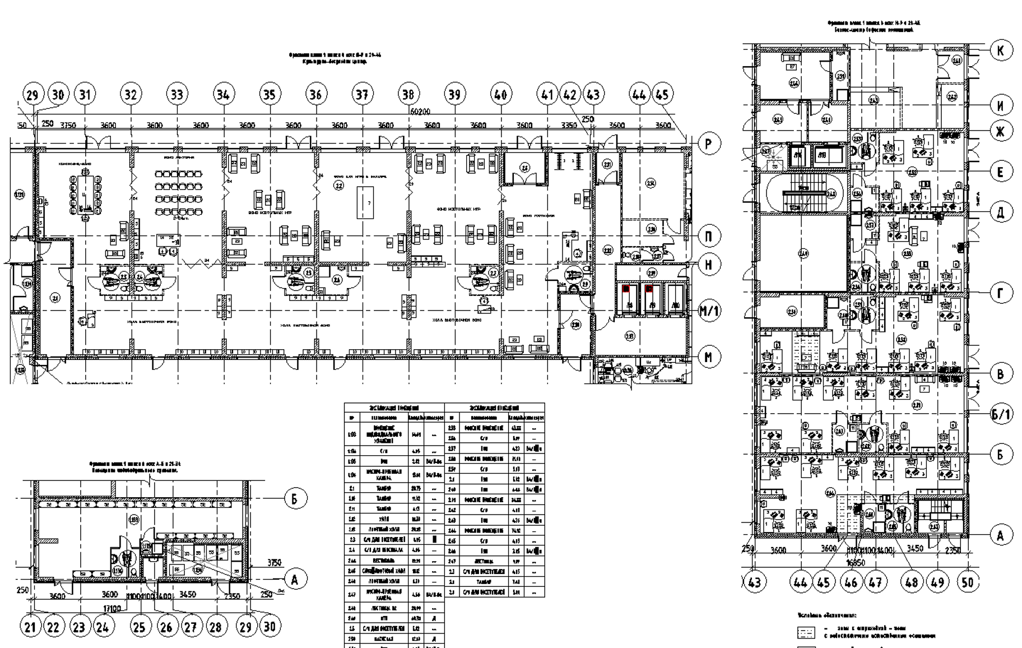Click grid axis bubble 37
[362, 94]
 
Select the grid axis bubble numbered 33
[176, 94]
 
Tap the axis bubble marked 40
[500, 94]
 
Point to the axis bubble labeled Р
[709, 144]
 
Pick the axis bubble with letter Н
[709, 265]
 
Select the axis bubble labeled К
[1001, 50]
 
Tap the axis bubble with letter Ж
[1001, 132]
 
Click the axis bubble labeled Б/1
[1001, 414]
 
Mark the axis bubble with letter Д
[1001, 212]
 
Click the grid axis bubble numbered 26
[166, 626]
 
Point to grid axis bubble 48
[912, 582]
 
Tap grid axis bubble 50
[968, 582]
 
